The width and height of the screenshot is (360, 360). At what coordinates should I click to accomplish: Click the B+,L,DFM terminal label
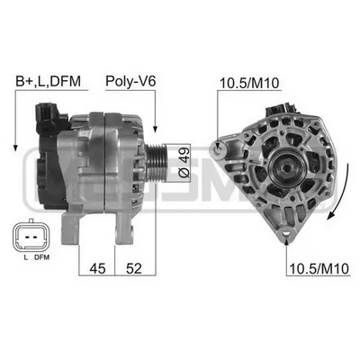pos(48,81)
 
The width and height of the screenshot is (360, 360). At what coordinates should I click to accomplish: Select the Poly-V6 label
pos(130,81)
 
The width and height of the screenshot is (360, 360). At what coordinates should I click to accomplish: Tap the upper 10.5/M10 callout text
pos(249,84)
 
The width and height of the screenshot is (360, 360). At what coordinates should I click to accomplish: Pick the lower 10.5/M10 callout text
pos(319,269)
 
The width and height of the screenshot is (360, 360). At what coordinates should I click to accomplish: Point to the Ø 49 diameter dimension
pos(184,162)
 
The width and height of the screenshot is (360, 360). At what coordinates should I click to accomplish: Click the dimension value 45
pos(98,268)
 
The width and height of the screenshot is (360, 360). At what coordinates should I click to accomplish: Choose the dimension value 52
pos(134,268)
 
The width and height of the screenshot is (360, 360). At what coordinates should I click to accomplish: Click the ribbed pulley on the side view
pos(156,162)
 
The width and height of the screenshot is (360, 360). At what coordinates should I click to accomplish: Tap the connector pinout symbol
pos(30,237)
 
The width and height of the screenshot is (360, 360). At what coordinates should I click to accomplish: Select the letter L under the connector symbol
pos(26,257)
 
